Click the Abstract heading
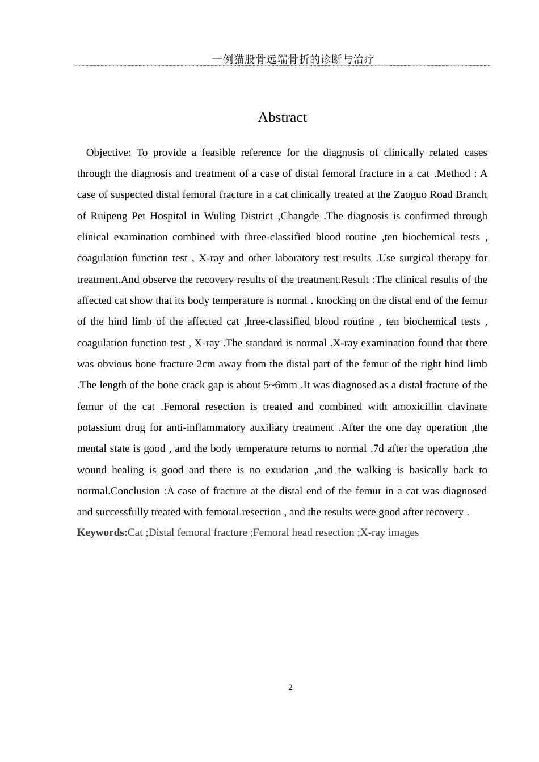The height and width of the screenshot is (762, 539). (x=282, y=117)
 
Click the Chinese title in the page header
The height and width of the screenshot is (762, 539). (x=293, y=59)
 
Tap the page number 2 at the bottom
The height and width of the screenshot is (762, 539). (x=290, y=688)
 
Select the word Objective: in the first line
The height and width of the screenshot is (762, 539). (x=108, y=153)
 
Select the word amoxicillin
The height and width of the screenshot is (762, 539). (x=416, y=407)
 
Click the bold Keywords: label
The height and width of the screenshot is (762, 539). (x=102, y=532)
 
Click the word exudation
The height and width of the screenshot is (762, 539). (x=280, y=470)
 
